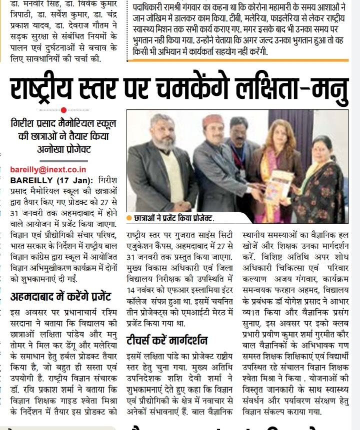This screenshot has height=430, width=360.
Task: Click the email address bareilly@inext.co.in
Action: pos(48,169)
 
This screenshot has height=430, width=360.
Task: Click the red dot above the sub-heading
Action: pos(63,110)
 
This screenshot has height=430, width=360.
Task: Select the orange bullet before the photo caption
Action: pos(129,218)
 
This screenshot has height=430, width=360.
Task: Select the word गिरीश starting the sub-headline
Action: pos(27,121)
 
